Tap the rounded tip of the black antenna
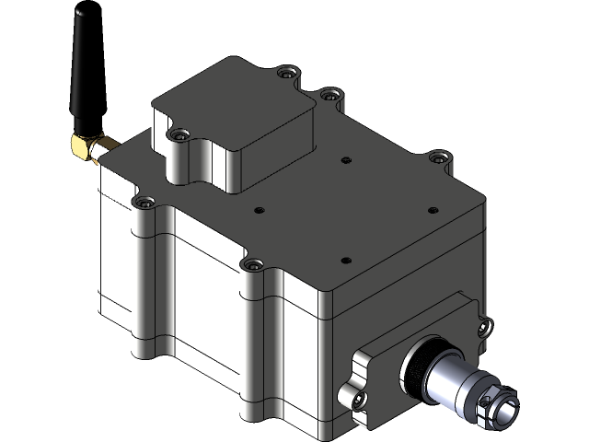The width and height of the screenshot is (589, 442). [78, 14]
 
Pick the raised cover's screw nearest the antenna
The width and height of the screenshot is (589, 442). [178, 135]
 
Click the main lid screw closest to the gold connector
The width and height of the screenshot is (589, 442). [142, 200]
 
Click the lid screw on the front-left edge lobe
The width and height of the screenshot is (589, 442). [249, 264]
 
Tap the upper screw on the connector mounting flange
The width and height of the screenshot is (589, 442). [483, 323]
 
